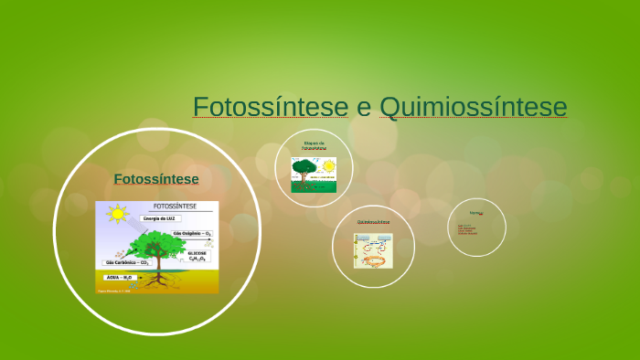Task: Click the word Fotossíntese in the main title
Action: point(271,107)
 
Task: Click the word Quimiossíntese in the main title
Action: point(473,107)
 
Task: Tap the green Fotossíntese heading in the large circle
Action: point(156,178)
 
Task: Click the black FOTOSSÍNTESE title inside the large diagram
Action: point(179,207)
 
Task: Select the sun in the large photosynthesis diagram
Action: point(116,215)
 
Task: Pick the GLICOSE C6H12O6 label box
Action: point(197,256)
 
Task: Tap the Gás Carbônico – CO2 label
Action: point(125,262)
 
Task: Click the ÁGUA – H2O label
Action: point(120,276)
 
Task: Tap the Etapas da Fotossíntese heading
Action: point(314,145)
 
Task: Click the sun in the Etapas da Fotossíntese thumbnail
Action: point(327,165)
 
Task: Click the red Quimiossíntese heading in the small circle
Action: point(373,222)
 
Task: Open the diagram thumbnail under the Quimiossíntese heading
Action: point(373,250)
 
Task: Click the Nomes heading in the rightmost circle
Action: point(476,214)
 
